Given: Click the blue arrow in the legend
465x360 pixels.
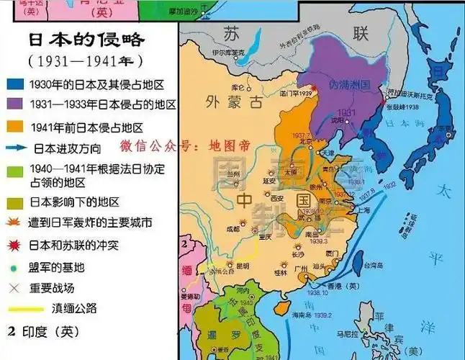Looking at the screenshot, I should click(17, 149).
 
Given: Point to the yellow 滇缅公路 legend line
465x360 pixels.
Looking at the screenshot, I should click(17, 310).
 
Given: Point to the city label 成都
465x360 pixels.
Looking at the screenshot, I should click(233, 229).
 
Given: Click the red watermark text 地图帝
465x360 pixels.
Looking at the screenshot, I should click(228, 145).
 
